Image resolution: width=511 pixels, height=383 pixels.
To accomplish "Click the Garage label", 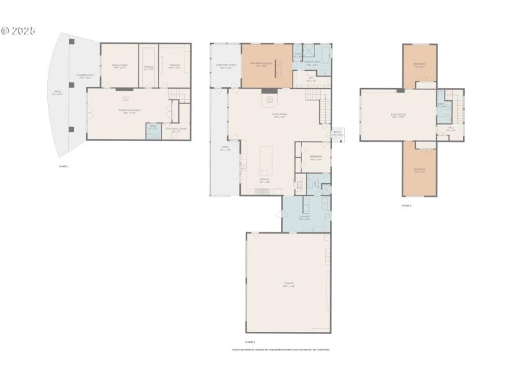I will point(289,285).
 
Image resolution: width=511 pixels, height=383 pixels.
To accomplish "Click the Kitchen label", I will point(264,179).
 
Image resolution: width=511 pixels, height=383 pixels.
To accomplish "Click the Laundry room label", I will point(304,217).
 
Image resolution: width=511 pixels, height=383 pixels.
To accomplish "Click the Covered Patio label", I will point(84,76).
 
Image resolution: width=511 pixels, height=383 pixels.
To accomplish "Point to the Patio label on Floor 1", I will point(57,93).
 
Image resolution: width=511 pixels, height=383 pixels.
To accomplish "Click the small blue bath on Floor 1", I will point(153,128).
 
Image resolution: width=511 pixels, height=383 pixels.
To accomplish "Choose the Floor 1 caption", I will point(63,166).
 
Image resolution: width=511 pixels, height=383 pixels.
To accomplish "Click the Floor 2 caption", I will point(250,342).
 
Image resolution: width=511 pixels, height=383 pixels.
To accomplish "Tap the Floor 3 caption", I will point(406,206).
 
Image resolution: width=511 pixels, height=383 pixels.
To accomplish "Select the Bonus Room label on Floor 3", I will point(398,116).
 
